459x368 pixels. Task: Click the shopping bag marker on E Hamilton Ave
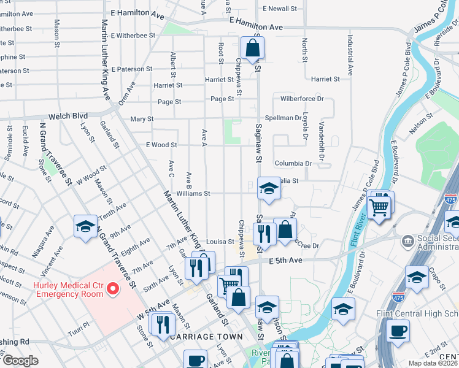(x=252, y=48)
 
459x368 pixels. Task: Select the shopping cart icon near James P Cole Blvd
(x=379, y=206)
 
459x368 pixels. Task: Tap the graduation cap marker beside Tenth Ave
(x=85, y=226)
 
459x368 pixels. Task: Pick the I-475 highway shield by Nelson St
(x=450, y=200)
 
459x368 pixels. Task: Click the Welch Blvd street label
(x=68, y=116)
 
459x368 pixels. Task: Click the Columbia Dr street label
(x=293, y=164)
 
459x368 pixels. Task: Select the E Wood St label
(x=161, y=145)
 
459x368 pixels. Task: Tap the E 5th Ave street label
(x=286, y=261)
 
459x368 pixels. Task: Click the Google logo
(x=21, y=361)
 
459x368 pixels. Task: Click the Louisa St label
(x=220, y=242)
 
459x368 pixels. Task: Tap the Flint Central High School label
(x=417, y=314)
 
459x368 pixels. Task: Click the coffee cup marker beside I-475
(x=398, y=331)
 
